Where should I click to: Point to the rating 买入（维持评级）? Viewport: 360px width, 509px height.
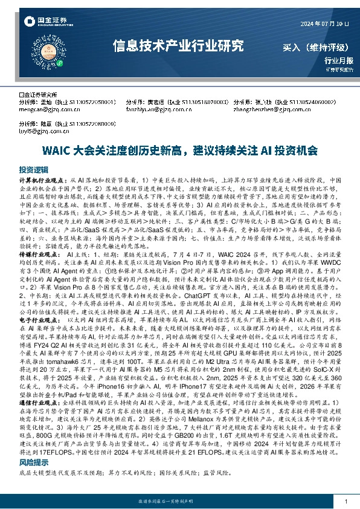click(x=312, y=47)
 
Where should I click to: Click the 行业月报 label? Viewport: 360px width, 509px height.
click(x=339, y=60)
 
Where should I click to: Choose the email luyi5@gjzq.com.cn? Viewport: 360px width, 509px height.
click(x=39, y=130)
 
